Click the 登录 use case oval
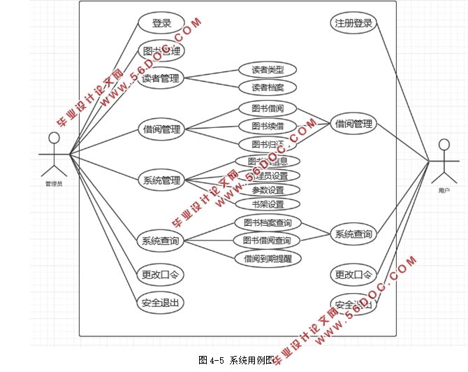161,23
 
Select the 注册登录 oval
353,22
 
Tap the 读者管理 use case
161,78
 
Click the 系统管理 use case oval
161,181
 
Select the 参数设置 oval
268,190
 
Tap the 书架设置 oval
268,205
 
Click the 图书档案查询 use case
268,223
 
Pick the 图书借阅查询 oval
268,241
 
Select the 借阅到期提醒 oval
268,258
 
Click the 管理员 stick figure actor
54,153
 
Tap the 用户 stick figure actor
444,162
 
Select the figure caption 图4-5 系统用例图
234,360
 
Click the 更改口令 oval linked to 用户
353,274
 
